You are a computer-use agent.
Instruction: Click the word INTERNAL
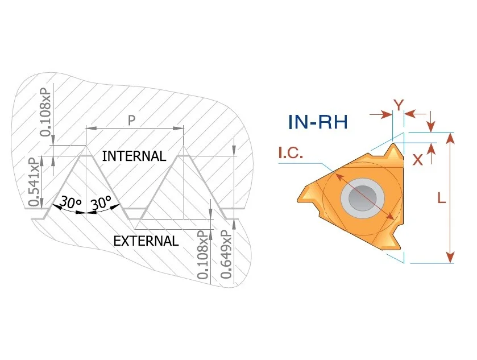[134, 156]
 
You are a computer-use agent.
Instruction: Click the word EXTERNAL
[146, 241]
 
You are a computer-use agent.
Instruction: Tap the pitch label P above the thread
[131, 121]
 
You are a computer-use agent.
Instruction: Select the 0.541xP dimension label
[35, 181]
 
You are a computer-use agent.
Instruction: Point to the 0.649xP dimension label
[226, 254]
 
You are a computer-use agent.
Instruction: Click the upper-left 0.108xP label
[45, 112]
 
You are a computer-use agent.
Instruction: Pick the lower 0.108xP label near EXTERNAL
[203, 254]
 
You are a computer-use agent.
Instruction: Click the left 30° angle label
[70, 202]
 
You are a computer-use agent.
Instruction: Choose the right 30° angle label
[101, 202]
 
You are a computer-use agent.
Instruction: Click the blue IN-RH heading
[318, 122]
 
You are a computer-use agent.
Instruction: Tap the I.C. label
[291, 153]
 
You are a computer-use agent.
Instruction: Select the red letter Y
[398, 105]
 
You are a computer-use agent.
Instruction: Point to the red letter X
[417, 159]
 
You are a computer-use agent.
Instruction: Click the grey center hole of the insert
[362, 198]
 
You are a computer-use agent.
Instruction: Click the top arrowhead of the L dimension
[450, 138]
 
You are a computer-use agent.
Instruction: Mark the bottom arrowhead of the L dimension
[450, 257]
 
